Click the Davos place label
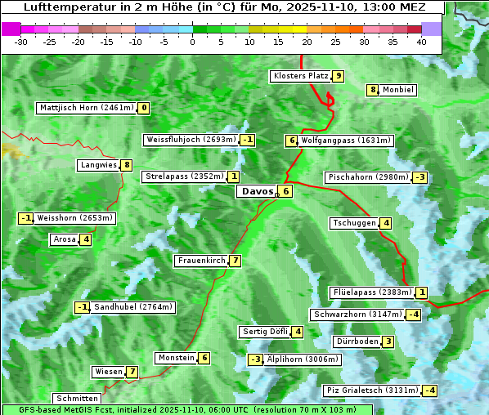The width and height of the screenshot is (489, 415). coord(258,191)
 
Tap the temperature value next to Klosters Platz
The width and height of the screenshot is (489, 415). coord(338,76)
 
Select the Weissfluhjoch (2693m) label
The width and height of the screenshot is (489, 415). coord(191,140)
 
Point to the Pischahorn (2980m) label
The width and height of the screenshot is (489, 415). coord(367,177)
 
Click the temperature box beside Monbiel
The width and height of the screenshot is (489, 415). coord(373,90)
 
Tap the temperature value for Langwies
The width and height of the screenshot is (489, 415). coord(127,165)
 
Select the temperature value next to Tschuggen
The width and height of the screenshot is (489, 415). coord(386,223)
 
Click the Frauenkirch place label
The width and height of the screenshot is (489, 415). coord(200,261)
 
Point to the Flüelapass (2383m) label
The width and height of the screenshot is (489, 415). coord(371,292)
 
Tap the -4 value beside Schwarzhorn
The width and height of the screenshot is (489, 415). coord(415,315)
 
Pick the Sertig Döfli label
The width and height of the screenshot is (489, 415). coord(265,332)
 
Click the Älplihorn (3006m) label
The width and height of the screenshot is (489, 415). coord(303,359)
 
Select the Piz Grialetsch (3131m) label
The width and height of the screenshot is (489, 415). coord(372,390)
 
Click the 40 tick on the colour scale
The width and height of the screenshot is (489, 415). coord(421,42)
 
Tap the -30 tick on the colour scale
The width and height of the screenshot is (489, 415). coord(21,42)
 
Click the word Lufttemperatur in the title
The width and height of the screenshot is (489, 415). coord(61,7)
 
